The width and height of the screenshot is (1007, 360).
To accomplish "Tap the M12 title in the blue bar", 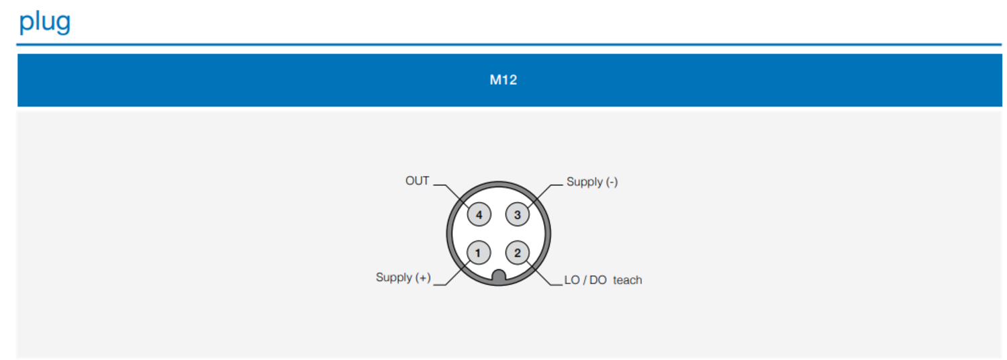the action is (503, 80).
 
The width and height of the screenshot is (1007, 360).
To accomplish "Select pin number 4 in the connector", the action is (479, 215).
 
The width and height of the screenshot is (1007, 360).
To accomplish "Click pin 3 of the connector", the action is (518, 215).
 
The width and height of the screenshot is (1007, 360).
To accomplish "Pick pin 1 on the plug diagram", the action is (478, 253).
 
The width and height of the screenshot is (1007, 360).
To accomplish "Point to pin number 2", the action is (518, 253).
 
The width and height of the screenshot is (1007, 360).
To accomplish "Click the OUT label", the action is (417, 181).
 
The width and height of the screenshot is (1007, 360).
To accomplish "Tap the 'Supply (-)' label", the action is (592, 182).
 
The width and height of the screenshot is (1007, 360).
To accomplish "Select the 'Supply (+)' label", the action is (403, 277).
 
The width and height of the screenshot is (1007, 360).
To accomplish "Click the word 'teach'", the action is (628, 280).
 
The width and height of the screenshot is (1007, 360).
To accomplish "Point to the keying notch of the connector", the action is (499, 277).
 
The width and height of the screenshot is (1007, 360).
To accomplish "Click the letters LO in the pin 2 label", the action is (572, 280).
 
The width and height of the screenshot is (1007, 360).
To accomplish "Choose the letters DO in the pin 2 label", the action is (598, 280).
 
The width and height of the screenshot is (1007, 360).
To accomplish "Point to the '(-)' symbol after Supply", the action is (612, 182).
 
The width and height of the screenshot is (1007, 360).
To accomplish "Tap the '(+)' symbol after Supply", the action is (423, 277).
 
